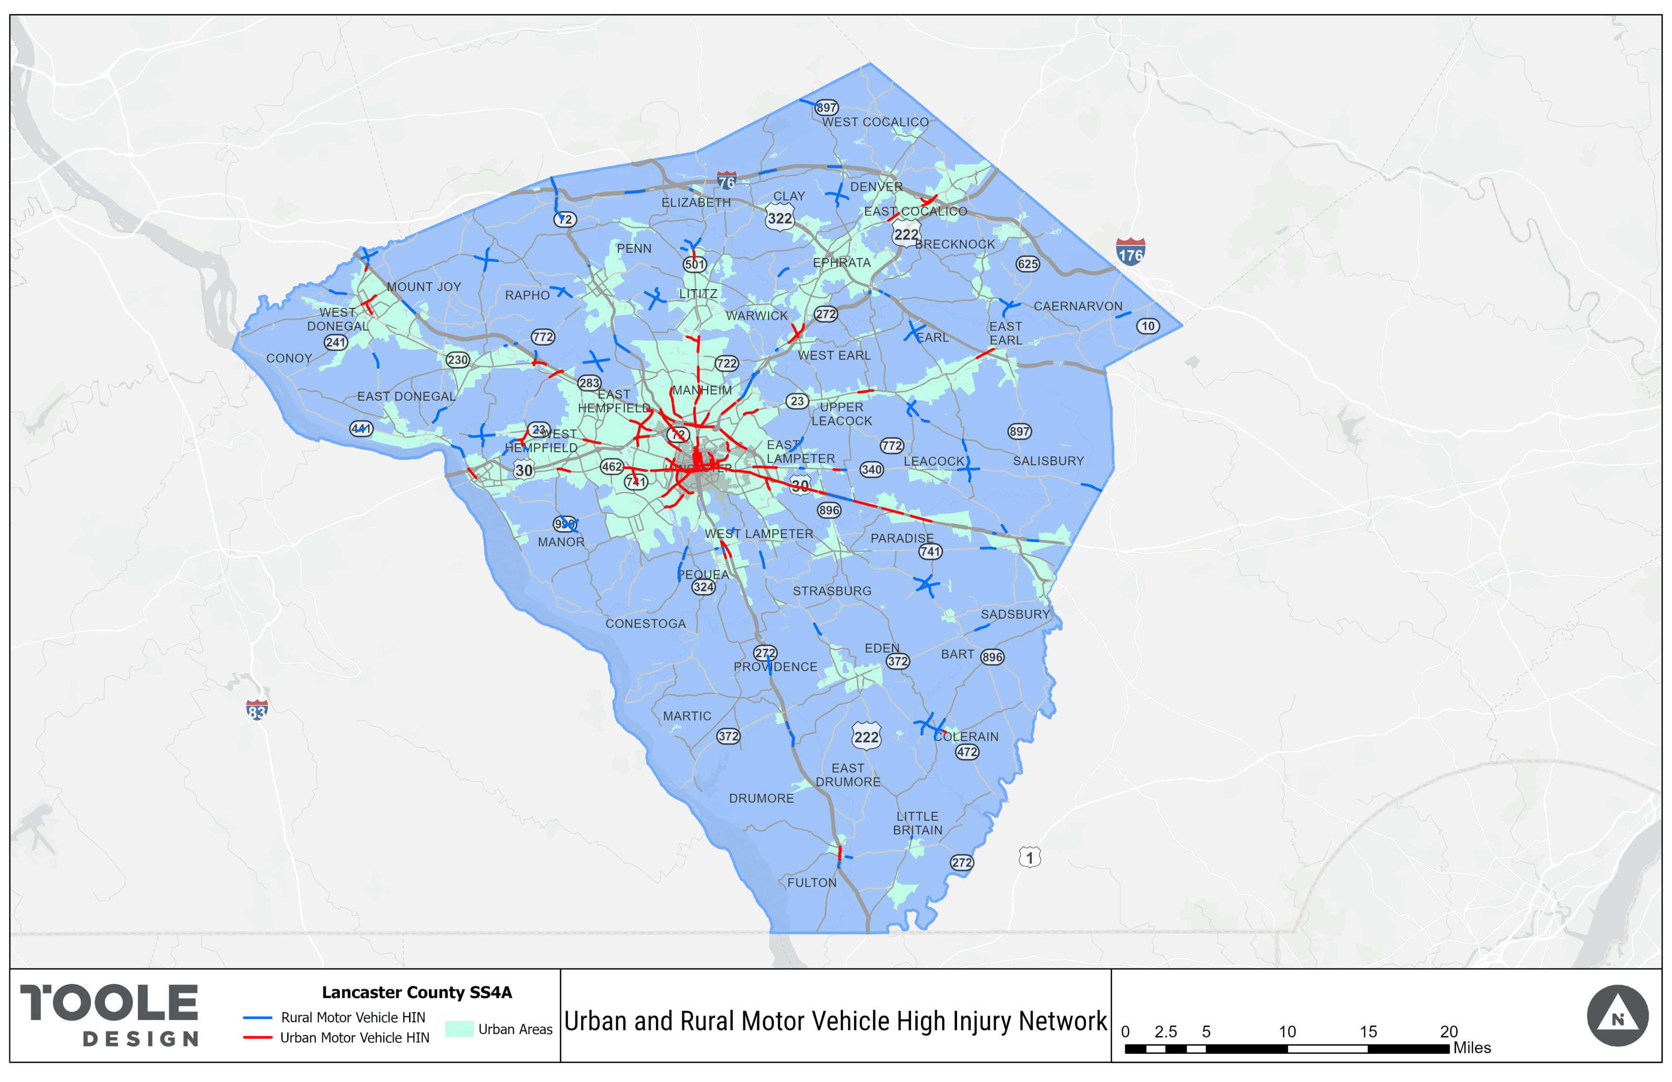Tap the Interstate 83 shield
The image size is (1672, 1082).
pos(257,710)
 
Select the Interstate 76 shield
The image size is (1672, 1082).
pos(726,180)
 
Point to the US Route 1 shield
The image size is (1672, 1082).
pos(1030,857)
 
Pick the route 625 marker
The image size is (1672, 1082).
pos(1028,264)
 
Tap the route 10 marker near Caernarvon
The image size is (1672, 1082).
pos(1148,326)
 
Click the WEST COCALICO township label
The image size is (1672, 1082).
pos(875,122)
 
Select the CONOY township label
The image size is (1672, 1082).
pos(289,359)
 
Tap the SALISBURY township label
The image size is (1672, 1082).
pos(1048,461)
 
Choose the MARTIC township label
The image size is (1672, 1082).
pos(687,716)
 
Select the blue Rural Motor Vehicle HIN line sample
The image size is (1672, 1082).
pos(257,1018)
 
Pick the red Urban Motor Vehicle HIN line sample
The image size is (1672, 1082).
pos(257,1038)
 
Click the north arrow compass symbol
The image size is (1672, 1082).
pos(1617,1016)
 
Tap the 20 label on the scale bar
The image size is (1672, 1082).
pos(1449,1031)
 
